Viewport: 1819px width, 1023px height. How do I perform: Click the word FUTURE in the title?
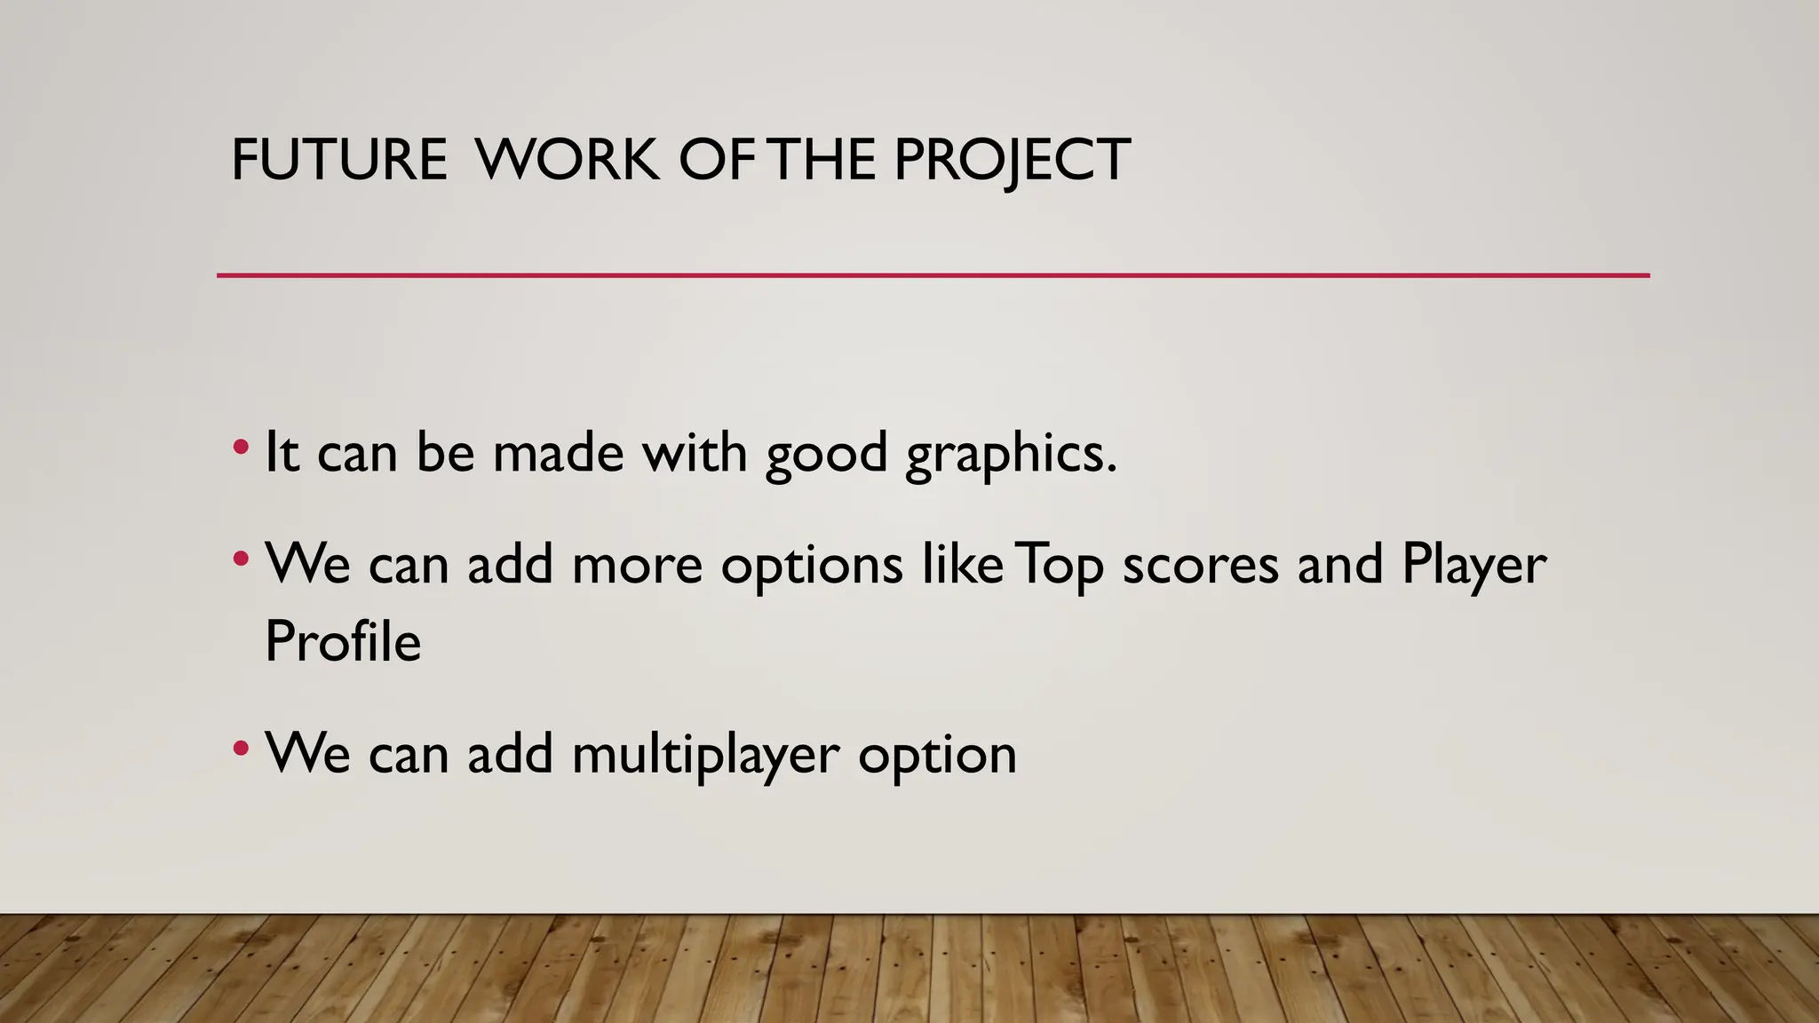[x=338, y=160]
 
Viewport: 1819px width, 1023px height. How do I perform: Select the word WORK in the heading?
[x=567, y=160]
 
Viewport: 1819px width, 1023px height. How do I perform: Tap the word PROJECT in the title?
[x=1011, y=160]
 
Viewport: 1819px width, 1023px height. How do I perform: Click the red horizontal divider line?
[x=933, y=275]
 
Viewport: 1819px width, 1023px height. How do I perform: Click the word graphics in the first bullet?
[x=1011, y=455]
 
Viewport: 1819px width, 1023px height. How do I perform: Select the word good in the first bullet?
[x=826, y=455]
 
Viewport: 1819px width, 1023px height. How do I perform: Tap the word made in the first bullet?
[x=558, y=453]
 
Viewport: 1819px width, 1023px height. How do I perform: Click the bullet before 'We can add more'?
[x=241, y=559]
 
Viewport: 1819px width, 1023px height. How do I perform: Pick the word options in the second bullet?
[x=812, y=566]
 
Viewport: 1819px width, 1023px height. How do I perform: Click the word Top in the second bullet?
[x=1059, y=566]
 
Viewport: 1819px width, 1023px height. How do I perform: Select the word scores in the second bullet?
[x=1200, y=564]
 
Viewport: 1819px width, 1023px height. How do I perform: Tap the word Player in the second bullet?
[x=1473, y=566]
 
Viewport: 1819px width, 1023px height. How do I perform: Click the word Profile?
[x=343, y=641]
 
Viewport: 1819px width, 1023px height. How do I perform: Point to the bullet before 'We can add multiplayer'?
[x=241, y=749]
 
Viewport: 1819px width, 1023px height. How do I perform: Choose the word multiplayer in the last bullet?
[x=705, y=756]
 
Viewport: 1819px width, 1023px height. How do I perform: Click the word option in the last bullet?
[x=937, y=756]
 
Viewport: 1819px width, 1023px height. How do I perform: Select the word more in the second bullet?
[x=637, y=566]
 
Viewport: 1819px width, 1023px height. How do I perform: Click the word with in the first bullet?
[x=695, y=453]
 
